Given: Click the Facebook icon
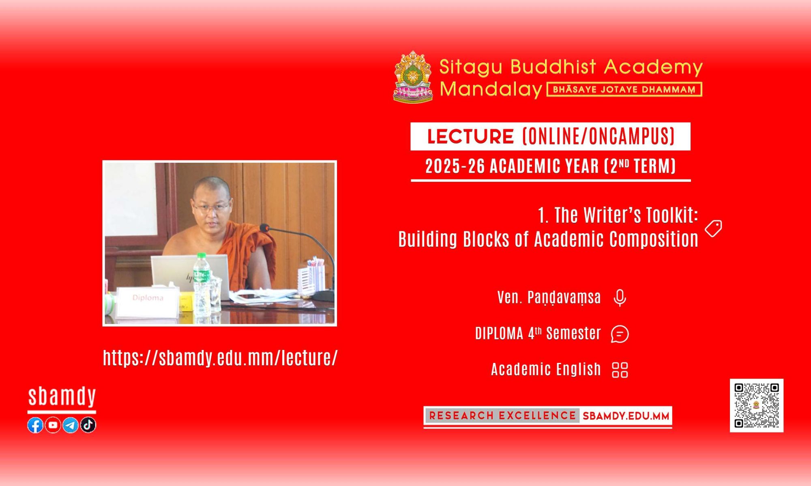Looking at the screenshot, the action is [35, 425].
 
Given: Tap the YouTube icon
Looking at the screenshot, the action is [53, 425].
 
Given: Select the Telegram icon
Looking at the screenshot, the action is [70, 425].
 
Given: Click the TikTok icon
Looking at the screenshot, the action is [88, 425].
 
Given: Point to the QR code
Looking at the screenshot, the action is [757, 405].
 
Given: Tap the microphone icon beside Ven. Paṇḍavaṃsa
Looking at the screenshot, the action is [620, 298].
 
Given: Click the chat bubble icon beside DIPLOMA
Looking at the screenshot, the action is [620, 334].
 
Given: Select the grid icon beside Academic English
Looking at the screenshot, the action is [620, 370].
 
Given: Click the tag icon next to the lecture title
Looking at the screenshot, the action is [713, 229].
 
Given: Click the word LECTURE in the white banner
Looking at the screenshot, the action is [470, 136].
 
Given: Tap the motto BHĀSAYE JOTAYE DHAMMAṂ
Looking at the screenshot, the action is [624, 90].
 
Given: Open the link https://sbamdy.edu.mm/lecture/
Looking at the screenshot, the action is [220, 358].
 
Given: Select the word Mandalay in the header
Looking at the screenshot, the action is [491, 89].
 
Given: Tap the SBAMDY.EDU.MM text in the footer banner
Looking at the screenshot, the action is [626, 416].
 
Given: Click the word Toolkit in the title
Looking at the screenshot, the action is [672, 215].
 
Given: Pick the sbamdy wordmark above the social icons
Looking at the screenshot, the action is [62, 397].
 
